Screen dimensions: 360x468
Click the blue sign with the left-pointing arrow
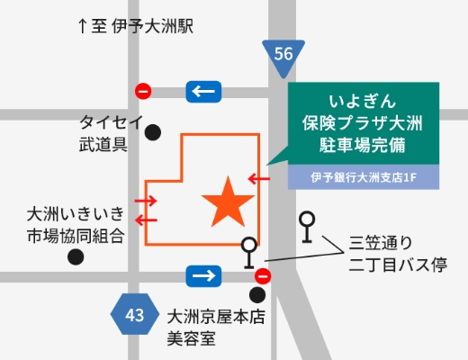202,91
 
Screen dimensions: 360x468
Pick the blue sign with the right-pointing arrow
202,274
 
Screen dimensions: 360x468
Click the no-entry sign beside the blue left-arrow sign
142,91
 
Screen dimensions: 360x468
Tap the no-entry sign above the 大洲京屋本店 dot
263,275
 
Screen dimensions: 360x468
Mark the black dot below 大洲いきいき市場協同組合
75,256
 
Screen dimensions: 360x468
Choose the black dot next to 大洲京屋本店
258,294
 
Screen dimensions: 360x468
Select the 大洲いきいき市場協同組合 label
74,225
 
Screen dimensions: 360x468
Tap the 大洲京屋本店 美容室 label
218,327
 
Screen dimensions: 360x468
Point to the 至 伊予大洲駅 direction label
136,27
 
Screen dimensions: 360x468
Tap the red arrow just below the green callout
258,178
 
